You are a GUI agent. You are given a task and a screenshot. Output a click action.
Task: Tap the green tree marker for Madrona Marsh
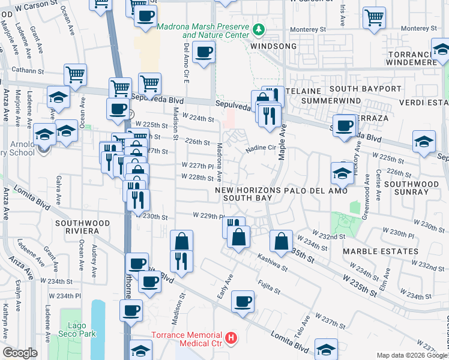tap(259, 29)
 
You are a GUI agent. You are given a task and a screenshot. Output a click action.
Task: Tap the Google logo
tap(20, 352)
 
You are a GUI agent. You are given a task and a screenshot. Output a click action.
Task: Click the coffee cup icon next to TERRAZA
tap(344, 125)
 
